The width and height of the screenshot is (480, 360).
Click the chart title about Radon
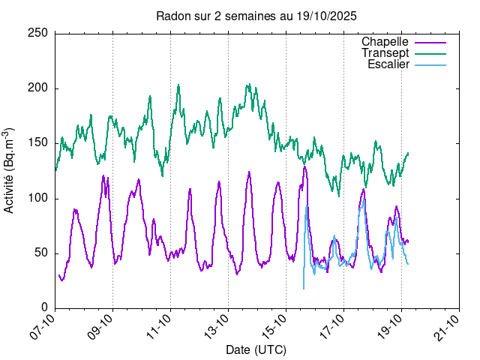256,16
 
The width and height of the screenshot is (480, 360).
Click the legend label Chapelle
385,41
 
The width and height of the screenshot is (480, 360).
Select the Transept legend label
385,53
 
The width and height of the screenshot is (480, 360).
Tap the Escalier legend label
388,64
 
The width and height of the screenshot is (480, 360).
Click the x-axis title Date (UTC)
256,349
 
